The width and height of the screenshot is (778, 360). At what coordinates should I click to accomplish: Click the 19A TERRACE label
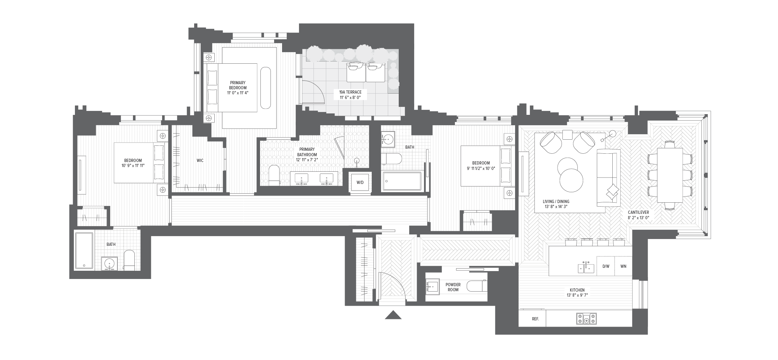[350, 92]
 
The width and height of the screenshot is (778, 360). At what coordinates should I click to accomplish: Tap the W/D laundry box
[360, 183]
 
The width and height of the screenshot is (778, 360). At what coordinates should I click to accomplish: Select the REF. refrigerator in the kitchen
[535, 319]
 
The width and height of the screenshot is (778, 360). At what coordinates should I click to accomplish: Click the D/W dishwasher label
[606, 266]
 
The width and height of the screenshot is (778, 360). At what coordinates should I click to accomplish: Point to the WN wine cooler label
[623, 266]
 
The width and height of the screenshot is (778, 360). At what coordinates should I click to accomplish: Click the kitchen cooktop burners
[586, 319]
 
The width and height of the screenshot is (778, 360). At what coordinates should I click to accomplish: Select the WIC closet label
[200, 161]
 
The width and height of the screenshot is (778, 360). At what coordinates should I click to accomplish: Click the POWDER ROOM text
[453, 287]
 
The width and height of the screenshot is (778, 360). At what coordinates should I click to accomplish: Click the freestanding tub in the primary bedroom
[265, 87]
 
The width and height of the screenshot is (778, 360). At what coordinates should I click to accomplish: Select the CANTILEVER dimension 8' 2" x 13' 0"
[638, 218]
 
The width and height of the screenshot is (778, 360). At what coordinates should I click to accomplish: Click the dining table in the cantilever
[670, 175]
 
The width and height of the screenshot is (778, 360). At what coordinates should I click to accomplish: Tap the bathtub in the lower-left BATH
[84, 251]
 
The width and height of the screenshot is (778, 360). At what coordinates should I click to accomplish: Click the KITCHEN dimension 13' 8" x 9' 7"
[577, 295]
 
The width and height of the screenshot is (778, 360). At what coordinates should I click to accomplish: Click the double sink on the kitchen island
[586, 267]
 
